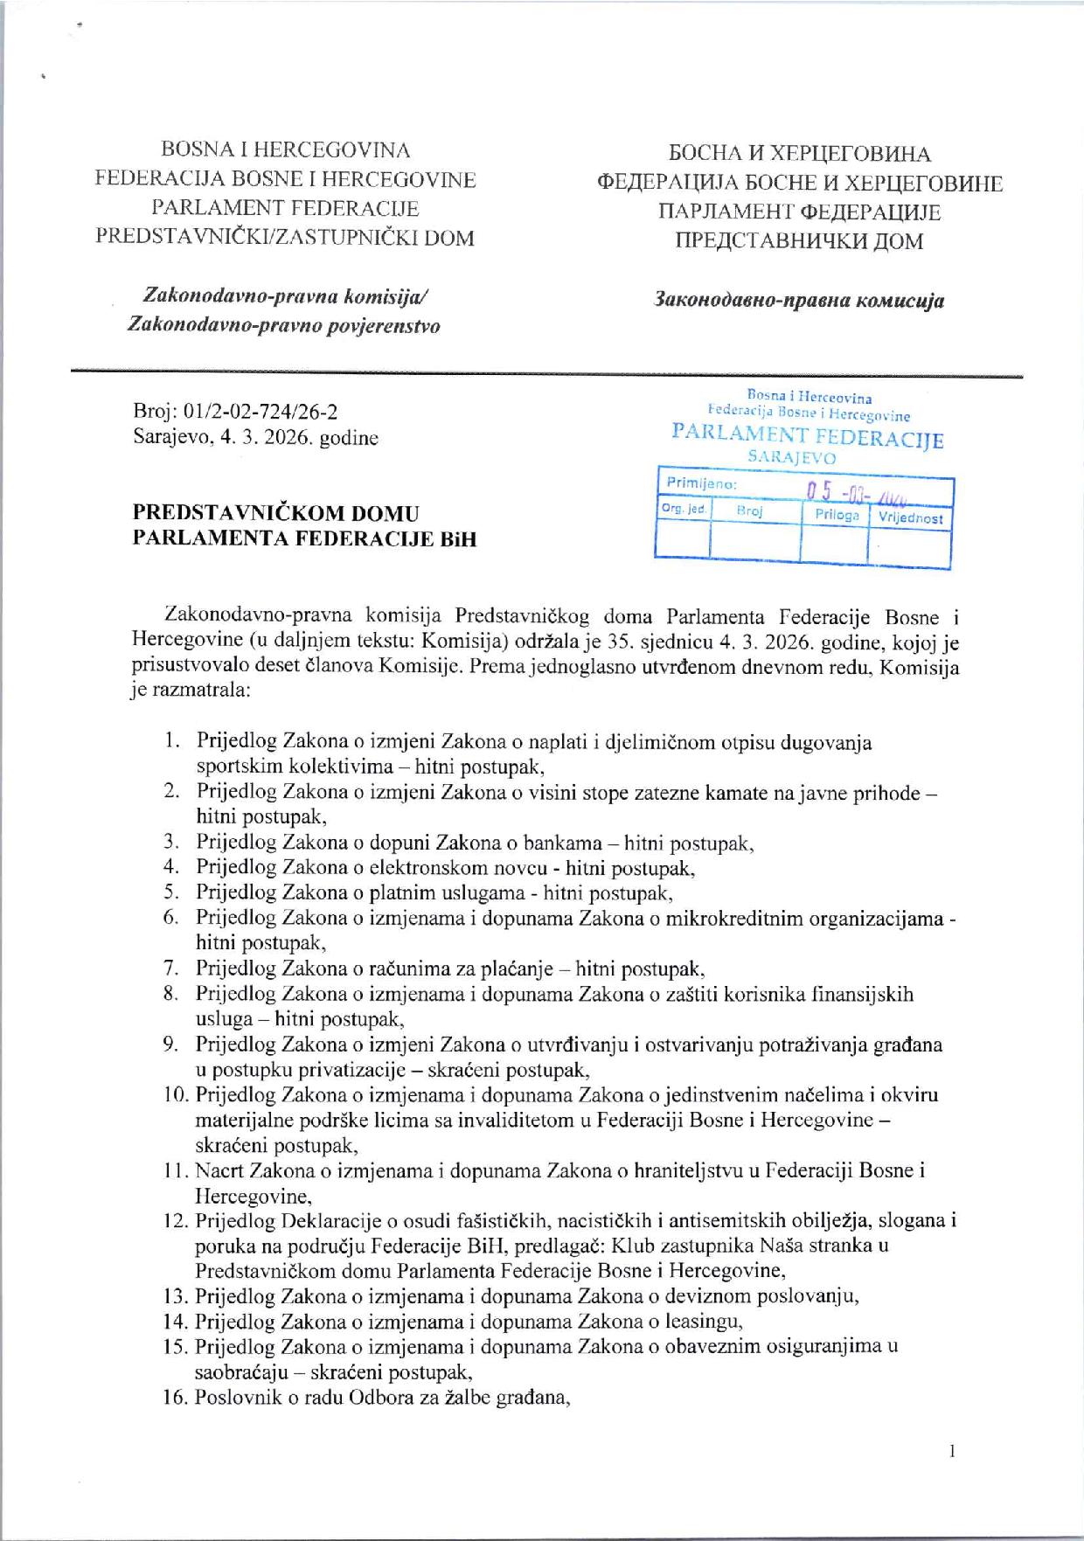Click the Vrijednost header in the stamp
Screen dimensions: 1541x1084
[x=910, y=517]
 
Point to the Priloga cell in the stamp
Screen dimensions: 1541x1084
[x=837, y=515]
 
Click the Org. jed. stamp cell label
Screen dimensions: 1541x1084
[x=684, y=508]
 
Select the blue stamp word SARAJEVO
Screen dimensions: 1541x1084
[x=792, y=457]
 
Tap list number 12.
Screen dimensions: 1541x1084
[x=176, y=1220]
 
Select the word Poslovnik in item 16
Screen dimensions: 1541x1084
[x=232, y=1397]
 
